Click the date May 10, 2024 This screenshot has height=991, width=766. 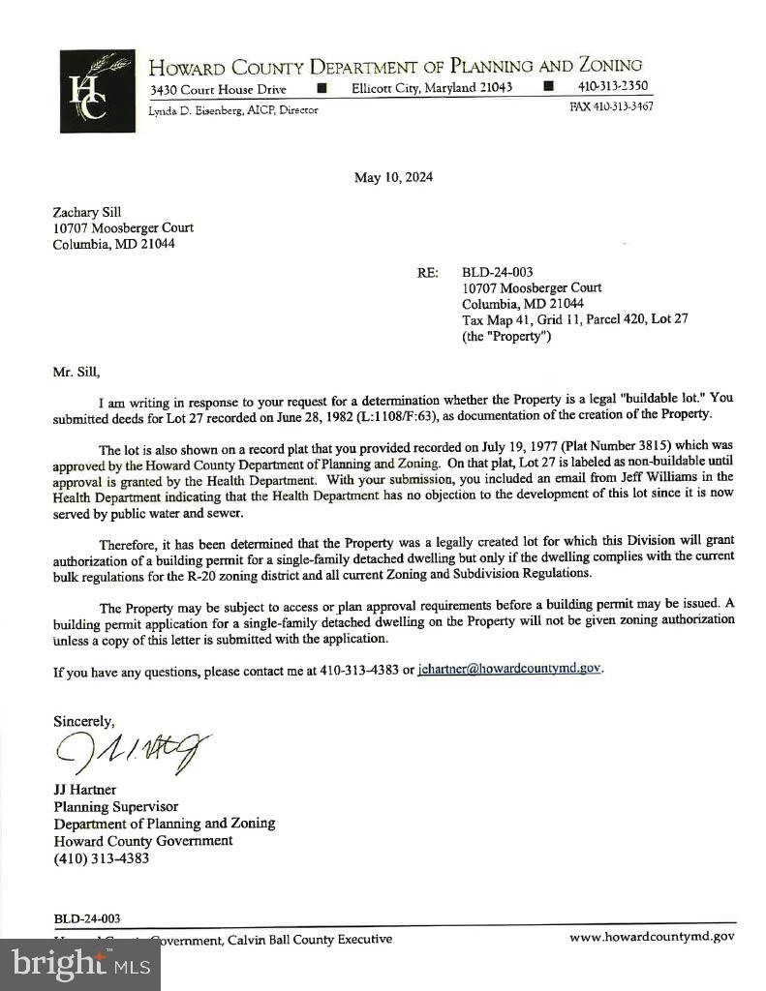coord(393,177)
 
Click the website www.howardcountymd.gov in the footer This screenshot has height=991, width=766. coord(652,936)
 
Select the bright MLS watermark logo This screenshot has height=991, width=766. coord(80,963)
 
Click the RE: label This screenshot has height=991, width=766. coord(428,273)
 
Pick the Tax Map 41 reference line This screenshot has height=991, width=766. coord(574,319)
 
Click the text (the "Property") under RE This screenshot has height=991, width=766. coord(506,336)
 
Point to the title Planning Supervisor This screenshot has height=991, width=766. coord(115,806)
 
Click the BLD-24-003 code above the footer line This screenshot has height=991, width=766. coord(87,918)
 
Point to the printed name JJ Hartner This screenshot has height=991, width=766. coord(84,790)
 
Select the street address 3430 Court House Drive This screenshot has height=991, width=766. coord(218,90)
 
